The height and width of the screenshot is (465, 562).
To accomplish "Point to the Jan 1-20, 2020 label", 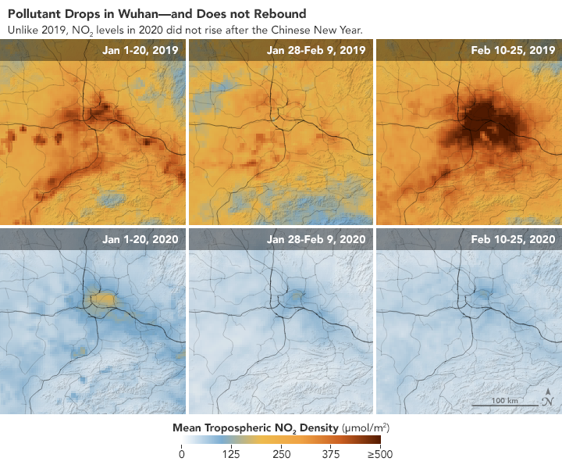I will point(140,238).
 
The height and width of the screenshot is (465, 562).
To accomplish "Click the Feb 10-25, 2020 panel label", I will point(514,238).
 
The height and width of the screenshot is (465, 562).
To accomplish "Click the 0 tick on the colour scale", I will point(182,456).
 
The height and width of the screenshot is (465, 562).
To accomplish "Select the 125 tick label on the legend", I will point(231,456).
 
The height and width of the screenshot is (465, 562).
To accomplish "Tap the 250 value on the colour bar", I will point(281,456).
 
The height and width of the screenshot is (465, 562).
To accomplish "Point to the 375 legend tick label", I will point(331,456).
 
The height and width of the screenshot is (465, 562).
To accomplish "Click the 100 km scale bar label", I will point(505,401).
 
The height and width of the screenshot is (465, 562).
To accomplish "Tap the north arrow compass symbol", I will point(549,399).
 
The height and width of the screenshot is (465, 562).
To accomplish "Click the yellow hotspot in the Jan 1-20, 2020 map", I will point(101,298).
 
